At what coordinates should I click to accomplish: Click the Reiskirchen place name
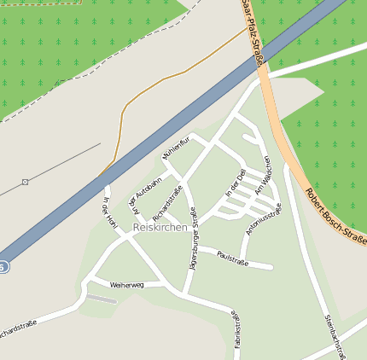(160, 227)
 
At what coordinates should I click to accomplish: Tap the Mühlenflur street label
(173, 148)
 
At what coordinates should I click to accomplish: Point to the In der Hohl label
(109, 213)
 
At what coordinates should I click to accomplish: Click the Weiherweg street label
(127, 284)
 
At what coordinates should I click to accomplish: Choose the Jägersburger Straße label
(194, 242)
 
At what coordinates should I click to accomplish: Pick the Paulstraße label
(232, 257)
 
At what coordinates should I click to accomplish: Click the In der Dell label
(235, 184)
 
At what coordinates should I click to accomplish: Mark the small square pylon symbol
(26, 182)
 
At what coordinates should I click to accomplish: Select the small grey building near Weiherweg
(102, 299)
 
